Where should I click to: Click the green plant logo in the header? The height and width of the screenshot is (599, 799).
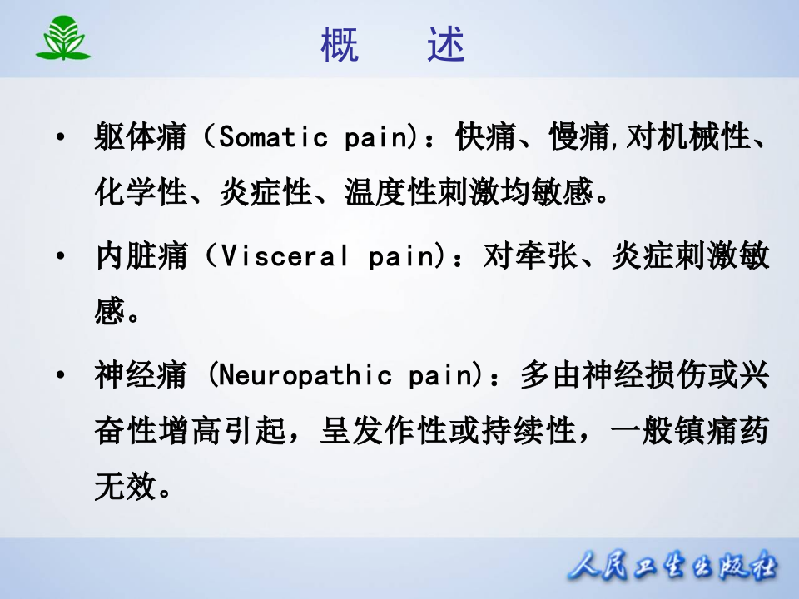click(63, 39)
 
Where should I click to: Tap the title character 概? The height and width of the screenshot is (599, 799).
click(340, 47)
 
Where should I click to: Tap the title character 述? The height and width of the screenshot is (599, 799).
click(446, 47)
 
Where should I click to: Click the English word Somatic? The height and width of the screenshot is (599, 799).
click(273, 136)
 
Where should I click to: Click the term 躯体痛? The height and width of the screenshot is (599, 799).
click(141, 136)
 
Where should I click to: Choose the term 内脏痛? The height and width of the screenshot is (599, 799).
click(141, 257)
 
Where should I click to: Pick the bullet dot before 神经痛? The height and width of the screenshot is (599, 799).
click(60, 375)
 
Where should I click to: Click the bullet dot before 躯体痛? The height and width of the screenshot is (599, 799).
click(60, 136)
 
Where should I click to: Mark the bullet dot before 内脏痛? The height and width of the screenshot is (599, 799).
click(60, 257)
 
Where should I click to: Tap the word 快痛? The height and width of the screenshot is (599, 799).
click(486, 136)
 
